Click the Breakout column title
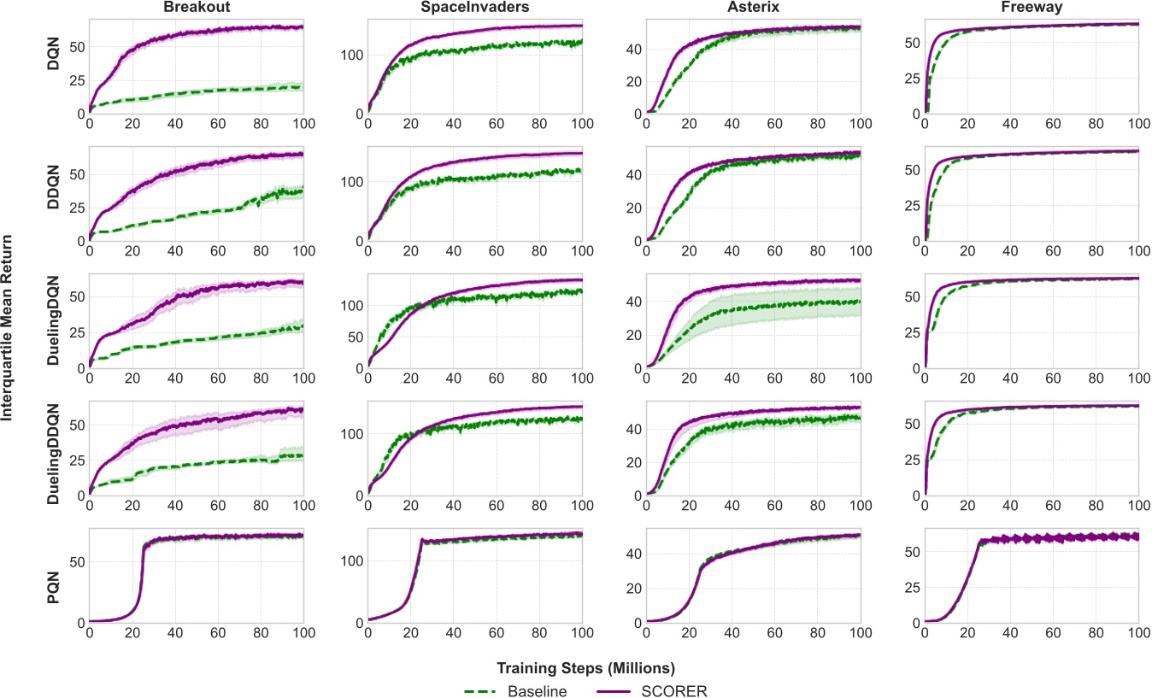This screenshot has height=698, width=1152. click(196, 8)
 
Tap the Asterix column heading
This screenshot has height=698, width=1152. click(752, 8)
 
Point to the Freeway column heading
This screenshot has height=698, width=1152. click(1031, 8)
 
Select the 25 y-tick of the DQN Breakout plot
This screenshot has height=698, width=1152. click(75, 80)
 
